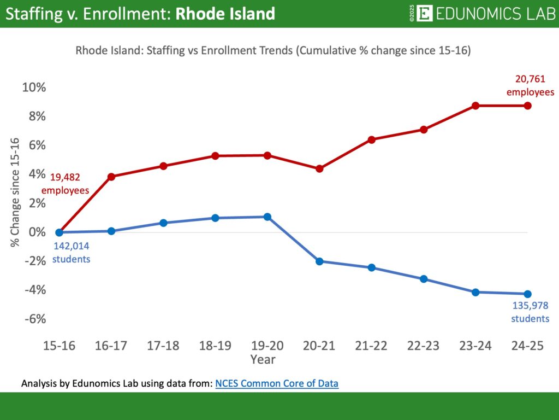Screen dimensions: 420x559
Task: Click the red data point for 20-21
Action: point(319,168)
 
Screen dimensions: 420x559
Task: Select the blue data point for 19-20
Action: point(267,217)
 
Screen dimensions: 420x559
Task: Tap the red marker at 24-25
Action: point(528,106)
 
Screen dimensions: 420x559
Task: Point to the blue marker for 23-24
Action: point(475,292)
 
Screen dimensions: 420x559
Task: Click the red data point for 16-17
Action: point(111,177)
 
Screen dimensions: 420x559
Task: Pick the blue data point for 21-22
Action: point(371,267)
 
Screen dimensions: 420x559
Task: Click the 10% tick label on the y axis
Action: point(34,87)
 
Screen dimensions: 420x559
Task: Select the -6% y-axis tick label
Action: point(34,319)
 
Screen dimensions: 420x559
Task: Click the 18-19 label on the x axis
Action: point(215,346)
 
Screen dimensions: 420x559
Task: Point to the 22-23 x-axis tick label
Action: point(424,346)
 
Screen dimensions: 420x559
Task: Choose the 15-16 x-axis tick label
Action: point(59,346)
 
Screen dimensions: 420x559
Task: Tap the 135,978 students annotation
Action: point(530,312)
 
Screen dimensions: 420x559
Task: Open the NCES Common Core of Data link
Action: point(277,383)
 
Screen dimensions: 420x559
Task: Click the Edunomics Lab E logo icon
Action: point(424,14)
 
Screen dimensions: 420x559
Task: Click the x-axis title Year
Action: point(263,359)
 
